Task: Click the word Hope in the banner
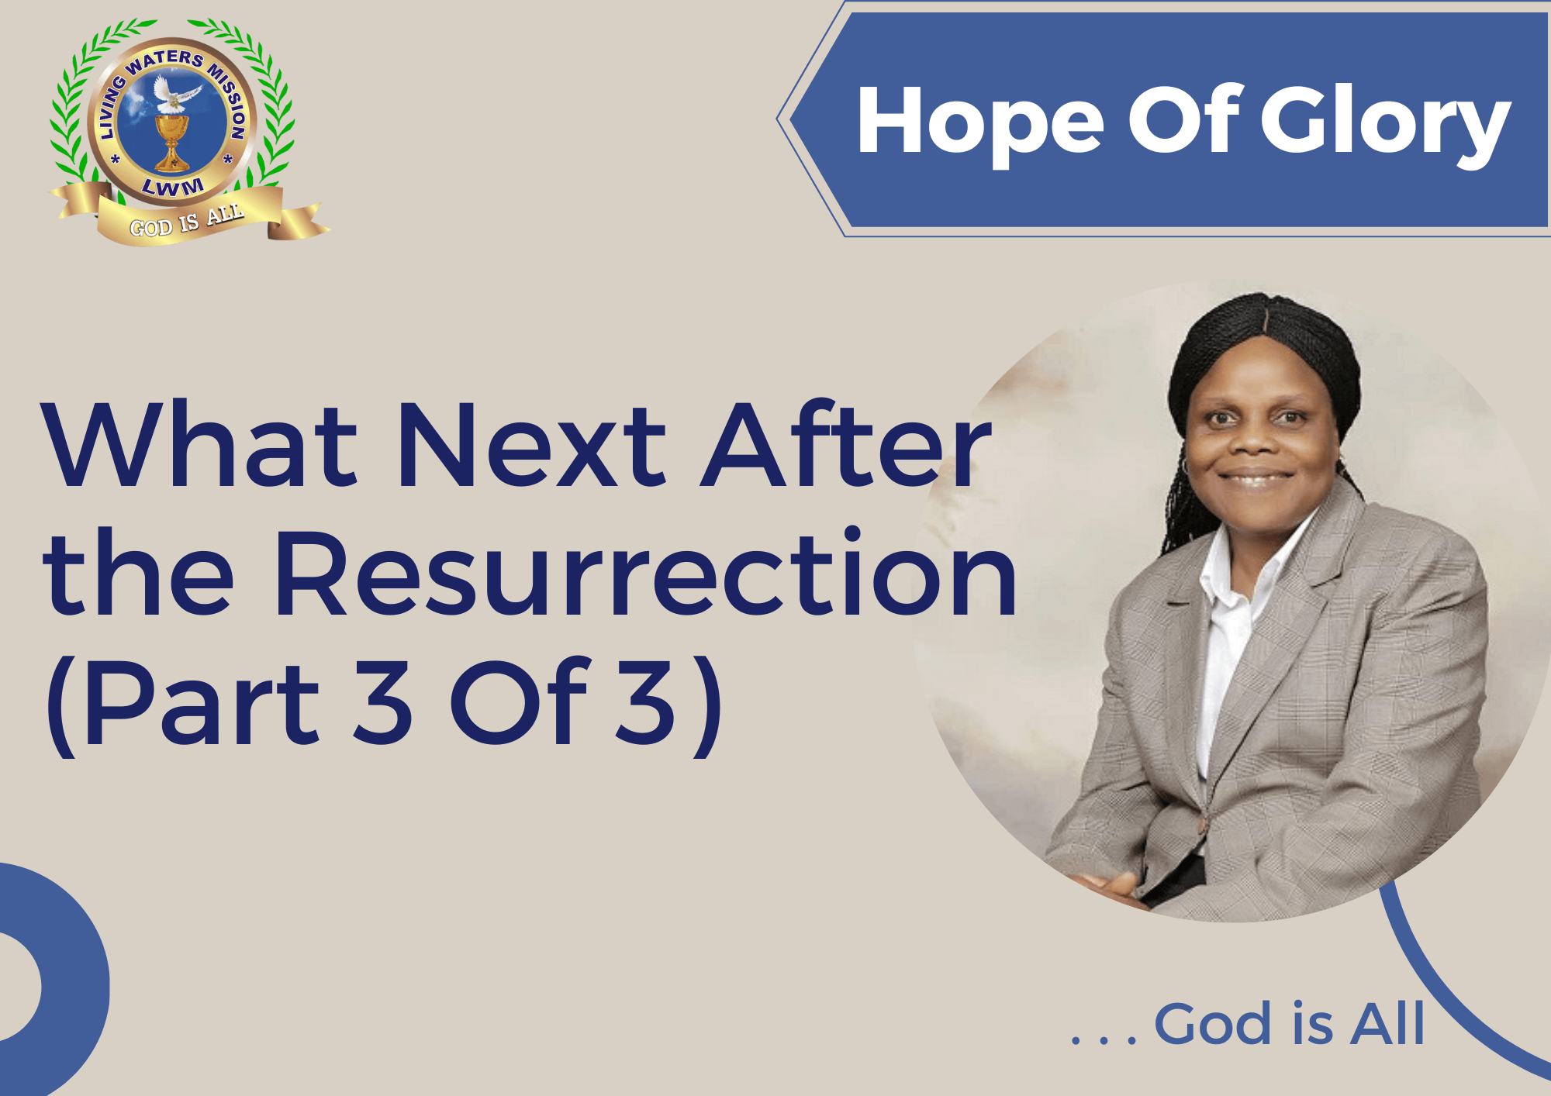click(x=980, y=124)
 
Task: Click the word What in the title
click(x=201, y=445)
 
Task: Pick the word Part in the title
click(x=201, y=702)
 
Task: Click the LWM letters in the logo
click(x=173, y=187)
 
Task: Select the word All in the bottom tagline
click(x=1387, y=1023)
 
